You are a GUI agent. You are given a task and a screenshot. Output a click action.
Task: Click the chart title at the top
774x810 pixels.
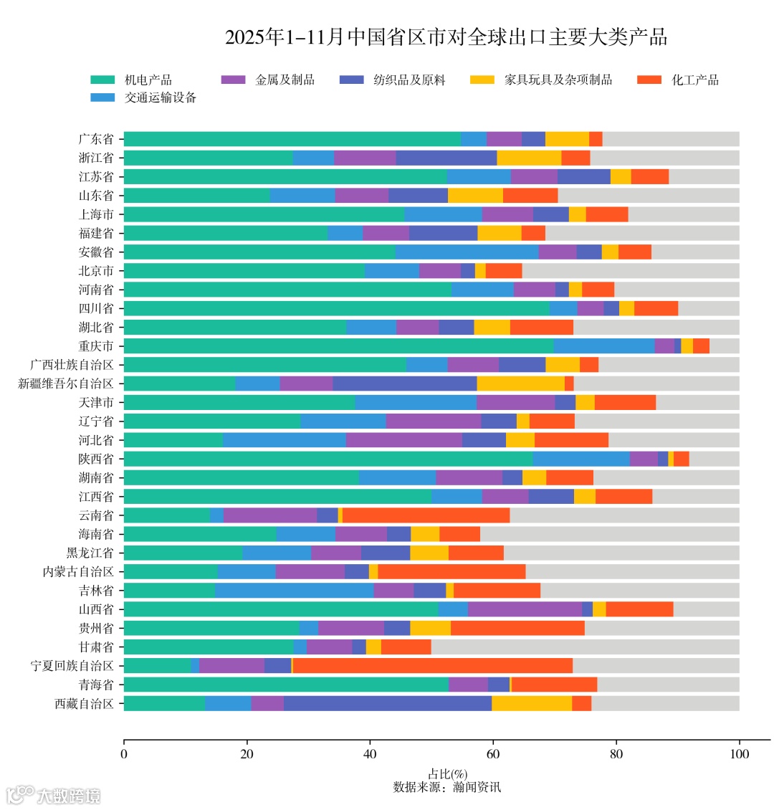(446, 37)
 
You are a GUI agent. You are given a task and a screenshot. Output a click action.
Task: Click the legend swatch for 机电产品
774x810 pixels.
(102, 80)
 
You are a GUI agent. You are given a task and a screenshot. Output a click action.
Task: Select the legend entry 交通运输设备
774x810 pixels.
(161, 97)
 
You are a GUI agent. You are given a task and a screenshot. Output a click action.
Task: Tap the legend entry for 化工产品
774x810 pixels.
(694, 80)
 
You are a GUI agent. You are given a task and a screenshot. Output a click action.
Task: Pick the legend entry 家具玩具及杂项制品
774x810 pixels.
(558, 80)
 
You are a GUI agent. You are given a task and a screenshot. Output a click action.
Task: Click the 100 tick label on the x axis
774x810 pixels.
(739, 754)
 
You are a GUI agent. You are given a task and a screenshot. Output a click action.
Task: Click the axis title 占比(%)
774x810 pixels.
(447, 774)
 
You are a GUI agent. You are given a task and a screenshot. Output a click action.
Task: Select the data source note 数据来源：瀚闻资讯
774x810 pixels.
(447, 787)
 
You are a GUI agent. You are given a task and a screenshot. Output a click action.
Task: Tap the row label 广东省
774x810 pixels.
(96, 139)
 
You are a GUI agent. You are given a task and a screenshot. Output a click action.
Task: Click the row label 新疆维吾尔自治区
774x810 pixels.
(66, 383)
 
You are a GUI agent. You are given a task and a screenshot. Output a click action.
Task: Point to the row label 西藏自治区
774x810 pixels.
(85, 703)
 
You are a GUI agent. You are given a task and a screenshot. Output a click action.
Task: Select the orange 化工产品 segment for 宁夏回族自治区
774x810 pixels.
(433, 665)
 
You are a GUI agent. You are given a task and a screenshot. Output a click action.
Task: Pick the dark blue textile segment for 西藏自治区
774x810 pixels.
(387, 703)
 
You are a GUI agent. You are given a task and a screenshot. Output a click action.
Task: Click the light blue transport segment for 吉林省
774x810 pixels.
(294, 590)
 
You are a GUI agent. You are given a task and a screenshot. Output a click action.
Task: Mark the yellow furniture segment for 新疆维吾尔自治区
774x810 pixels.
(520, 383)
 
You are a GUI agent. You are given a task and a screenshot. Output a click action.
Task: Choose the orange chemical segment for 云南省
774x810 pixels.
(426, 515)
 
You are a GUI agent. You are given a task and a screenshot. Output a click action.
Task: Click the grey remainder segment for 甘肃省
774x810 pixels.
(585, 647)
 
